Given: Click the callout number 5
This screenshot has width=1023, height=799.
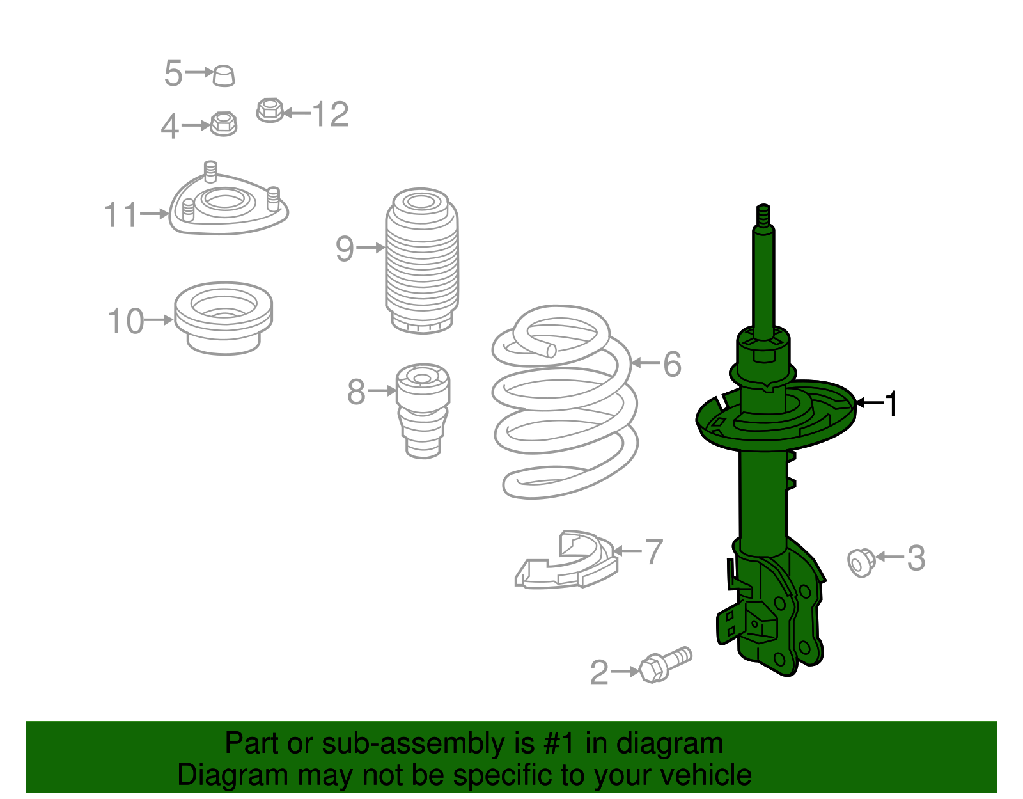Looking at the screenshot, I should click(173, 73).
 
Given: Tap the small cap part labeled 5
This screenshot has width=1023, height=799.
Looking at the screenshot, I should click(224, 75).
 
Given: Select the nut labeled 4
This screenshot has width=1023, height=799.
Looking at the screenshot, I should click(223, 123).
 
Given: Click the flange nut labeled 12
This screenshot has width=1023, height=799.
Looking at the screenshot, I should click(270, 111).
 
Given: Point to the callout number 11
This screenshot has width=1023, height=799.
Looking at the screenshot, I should click(121, 215).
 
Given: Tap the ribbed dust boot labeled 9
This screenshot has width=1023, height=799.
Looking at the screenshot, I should click(421, 262).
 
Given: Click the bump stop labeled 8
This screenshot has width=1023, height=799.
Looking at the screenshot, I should click(423, 409).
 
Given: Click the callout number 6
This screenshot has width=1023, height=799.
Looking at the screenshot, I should click(672, 364).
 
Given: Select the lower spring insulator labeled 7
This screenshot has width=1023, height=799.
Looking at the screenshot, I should click(568, 562).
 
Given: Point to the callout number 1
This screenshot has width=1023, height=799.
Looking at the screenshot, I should click(891, 404).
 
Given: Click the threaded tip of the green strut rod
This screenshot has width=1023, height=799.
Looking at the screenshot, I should click(763, 214).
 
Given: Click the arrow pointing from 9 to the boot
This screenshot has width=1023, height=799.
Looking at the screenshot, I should click(370, 248).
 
